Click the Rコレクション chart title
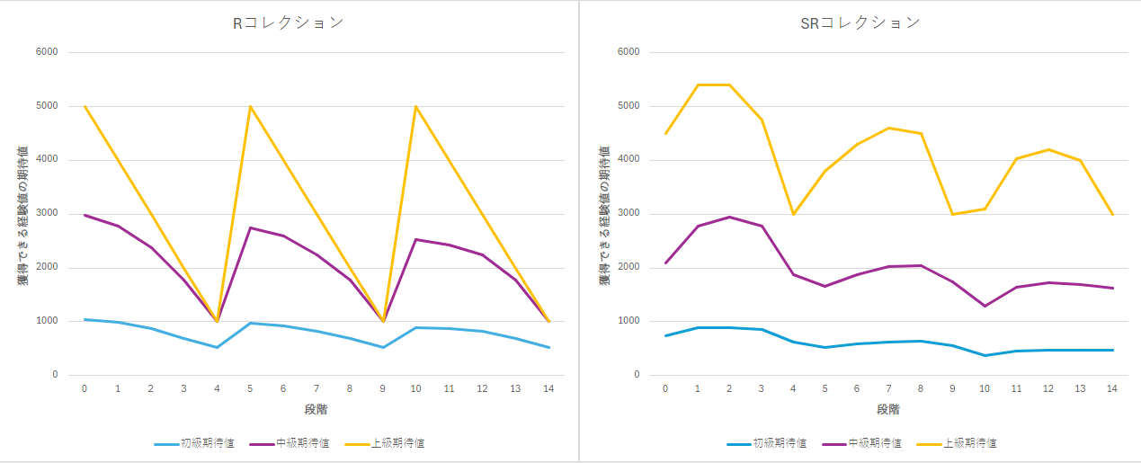[x=288, y=23]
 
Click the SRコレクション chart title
[x=860, y=23]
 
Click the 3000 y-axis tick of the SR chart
[x=628, y=214]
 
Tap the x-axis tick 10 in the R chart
[x=416, y=388]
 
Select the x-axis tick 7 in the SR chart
[x=888, y=388]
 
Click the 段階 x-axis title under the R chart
[x=316, y=410]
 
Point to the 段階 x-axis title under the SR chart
[x=888, y=410]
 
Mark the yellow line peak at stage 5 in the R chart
[x=251, y=106]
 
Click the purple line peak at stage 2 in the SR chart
[x=729, y=217]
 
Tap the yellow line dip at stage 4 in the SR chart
[x=793, y=214]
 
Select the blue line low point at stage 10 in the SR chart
[x=985, y=355]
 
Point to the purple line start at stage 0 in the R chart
[x=85, y=215]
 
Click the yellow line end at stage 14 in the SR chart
[x=1113, y=214]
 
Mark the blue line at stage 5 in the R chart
[x=251, y=323]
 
